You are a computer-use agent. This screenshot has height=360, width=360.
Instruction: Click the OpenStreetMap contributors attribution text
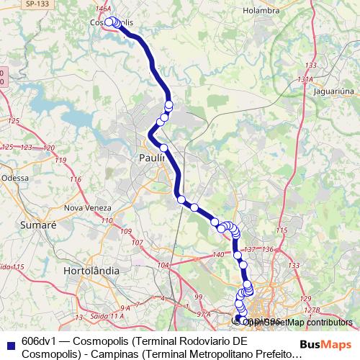tap(302, 323)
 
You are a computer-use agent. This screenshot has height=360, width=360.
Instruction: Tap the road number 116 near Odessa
tap(75, 179)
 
